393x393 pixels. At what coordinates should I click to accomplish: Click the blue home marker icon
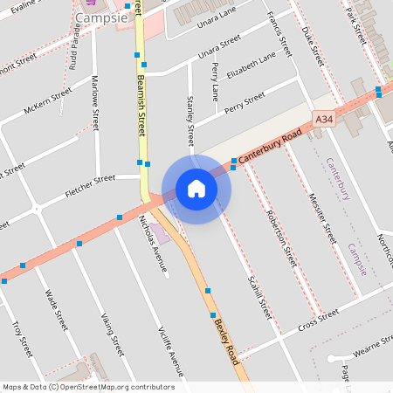pos(196,189)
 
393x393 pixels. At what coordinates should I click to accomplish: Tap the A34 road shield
pos(324,118)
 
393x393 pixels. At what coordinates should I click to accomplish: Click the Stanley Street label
pos(190,123)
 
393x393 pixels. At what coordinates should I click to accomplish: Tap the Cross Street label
pos(318,321)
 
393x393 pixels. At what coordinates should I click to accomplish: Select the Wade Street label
pos(56,309)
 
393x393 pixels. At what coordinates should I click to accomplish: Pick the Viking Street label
pos(112,334)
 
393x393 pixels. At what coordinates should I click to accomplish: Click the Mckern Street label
pos(49,99)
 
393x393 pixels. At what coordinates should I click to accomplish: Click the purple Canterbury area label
pos(338,179)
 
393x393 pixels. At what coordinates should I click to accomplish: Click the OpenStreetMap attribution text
pos(88,387)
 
